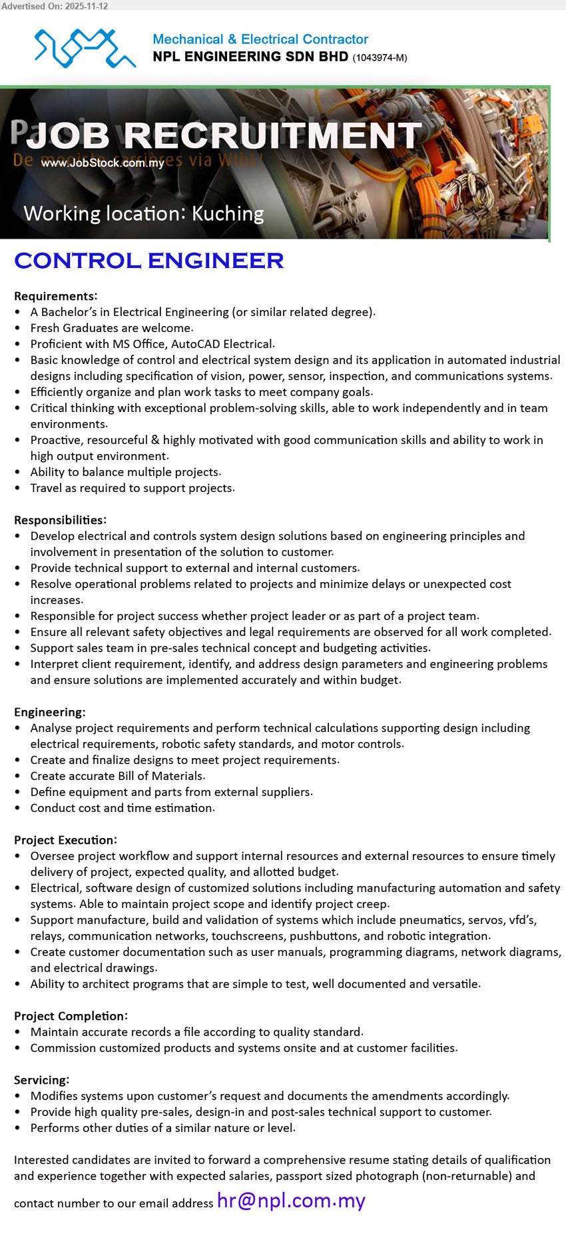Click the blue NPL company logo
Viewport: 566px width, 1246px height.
(85, 48)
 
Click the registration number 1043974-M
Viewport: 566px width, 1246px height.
(380, 58)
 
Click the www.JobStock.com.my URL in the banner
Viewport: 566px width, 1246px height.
(103, 163)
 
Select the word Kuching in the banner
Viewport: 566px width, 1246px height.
(228, 214)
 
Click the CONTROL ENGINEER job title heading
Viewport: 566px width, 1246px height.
(149, 261)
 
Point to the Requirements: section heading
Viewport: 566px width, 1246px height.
(56, 296)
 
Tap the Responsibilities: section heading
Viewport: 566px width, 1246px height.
(61, 520)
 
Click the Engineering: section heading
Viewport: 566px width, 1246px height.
(50, 712)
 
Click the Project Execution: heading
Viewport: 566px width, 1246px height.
(66, 840)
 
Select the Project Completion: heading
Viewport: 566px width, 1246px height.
(71, 1016)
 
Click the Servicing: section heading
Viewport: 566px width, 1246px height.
(42, 1080)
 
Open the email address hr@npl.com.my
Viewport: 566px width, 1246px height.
(291, 1201)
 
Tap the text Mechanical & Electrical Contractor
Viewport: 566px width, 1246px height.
(260, 39)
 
